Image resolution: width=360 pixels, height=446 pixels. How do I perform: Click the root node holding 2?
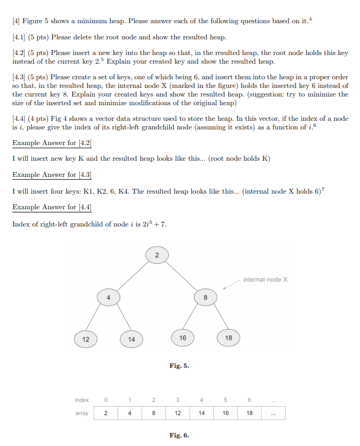(x=157, y=255)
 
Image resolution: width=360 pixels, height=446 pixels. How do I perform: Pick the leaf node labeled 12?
(x=85, y=339)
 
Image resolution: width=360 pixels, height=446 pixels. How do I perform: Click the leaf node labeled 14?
(x=131, y=339)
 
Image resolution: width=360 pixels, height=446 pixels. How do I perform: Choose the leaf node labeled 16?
(x=183, y=338)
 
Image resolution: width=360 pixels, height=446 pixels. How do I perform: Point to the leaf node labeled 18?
(x=229, y=338)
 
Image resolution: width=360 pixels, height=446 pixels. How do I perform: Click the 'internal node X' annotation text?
(x=265, y=279)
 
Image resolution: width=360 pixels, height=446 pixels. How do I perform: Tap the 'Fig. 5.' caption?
(x=179, y=366)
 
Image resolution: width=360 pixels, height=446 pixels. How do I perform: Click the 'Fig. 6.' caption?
(x=179, y=435)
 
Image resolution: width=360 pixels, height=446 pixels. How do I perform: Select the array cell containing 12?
(x=177, y=413)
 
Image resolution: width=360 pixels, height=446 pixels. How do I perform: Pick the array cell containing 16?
(x=225, y=413)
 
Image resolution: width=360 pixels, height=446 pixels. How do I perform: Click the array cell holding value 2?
(x=106, y=413)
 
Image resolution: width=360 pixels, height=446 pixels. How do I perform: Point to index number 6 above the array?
(x=249, y=400)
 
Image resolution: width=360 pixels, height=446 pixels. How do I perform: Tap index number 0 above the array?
(x=106, y=400)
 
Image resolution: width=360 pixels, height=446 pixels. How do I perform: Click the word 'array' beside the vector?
(x=82, y=413)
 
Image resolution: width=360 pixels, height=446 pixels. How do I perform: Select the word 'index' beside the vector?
(x=82, y=400)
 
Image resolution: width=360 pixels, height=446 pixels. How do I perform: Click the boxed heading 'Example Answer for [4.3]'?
(x=52, y=175)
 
